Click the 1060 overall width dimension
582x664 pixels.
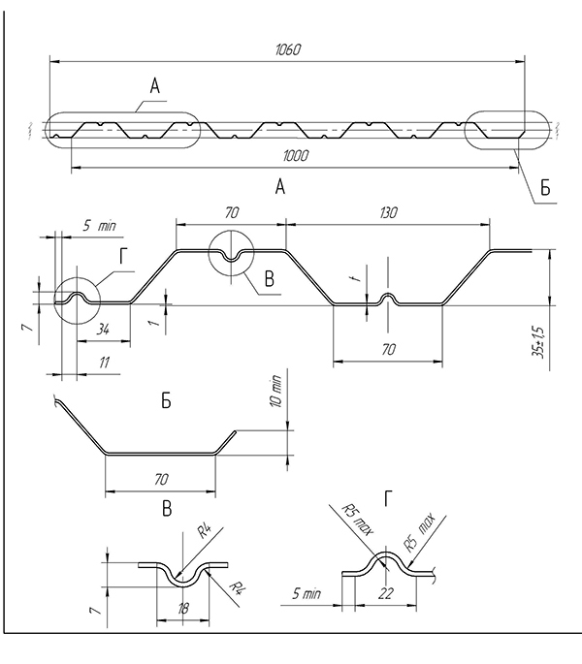[x=288, y=49]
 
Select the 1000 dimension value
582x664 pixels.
[x=296, y=156]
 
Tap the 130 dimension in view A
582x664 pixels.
[x=388, y=212]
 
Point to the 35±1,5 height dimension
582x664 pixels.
[x=539, y=342]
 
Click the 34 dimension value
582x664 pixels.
[x=103, y=329]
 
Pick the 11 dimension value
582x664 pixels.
[x=105, y=363]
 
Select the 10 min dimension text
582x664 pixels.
[x=275, y=391]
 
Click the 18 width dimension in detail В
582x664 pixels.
[x=183, y=609]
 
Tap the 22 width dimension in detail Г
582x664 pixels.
[x=385, y=593]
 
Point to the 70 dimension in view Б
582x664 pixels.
[x=161, y=479]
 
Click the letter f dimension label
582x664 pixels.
[x=357, y=277]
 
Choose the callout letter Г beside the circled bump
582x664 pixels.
[x=123, y=256]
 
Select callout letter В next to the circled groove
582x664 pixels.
[x=270, y=279]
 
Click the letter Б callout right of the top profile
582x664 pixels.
[x=545, y=188]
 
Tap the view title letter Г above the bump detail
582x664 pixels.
[x=388, y=498]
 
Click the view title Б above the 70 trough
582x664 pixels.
[x=166, y=400]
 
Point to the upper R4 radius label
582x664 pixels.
[x=206, y=530]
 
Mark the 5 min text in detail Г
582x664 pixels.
[x=307, y=593]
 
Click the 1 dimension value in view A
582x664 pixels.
[x=155, y=323]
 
